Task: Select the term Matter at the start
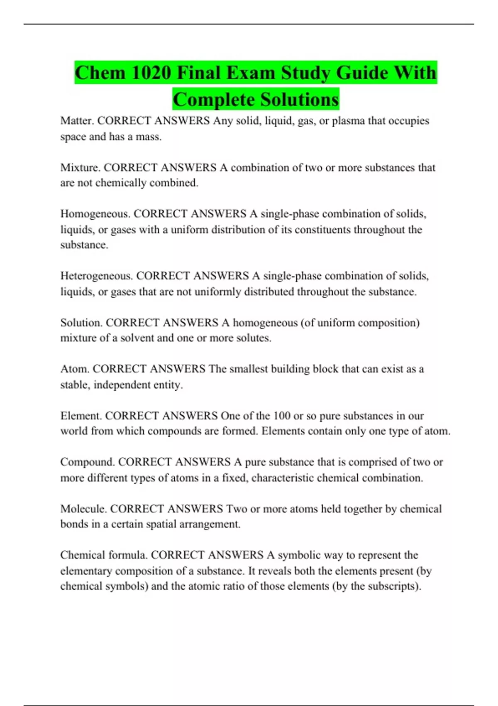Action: (77, 121)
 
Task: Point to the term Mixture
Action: (80, 168)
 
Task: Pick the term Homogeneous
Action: (95, 214)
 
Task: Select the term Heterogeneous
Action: (96, 276)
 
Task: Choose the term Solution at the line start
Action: (81, 323)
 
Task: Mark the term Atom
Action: (74, 369)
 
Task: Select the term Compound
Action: (87, 462)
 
